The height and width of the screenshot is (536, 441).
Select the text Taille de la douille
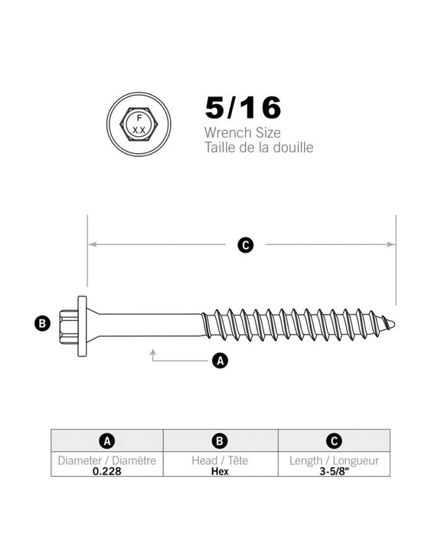tap(259, 148)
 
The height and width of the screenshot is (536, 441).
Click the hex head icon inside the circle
tap(139, 124)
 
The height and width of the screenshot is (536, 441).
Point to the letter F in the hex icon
tap(139, 118)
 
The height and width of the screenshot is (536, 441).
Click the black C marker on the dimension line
tap(245, 245)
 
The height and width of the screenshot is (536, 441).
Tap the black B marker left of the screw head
tap(44, 323)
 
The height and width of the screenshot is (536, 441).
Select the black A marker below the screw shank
tap(220, 360)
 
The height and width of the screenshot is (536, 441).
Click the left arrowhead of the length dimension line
tap(91, 245)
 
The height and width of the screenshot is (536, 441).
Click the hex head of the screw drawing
tap(67, 323)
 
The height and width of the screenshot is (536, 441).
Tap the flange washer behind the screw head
tap(81, 323)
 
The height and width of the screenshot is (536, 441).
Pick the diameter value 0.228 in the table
tap(107, 471)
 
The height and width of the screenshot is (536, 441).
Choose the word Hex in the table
tap(220, 471)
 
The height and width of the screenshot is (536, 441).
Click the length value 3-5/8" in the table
tap(333, 471)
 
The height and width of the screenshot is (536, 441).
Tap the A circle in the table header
tap(107, 441)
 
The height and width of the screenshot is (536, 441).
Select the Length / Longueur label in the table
tap(333, 461)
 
